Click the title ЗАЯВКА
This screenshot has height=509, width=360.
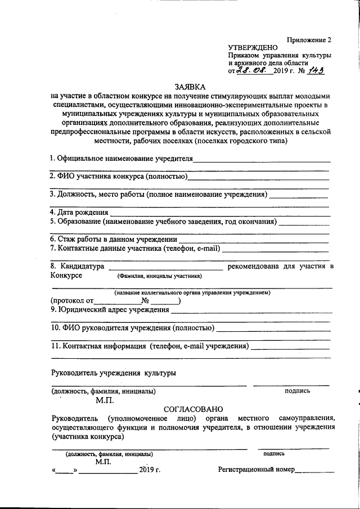[x=190, y=87]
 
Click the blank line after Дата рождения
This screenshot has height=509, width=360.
[x=219, y=213]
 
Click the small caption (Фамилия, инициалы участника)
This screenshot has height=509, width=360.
[x=159, y=276]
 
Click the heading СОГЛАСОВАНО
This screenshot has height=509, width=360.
[x=193, y=409]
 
